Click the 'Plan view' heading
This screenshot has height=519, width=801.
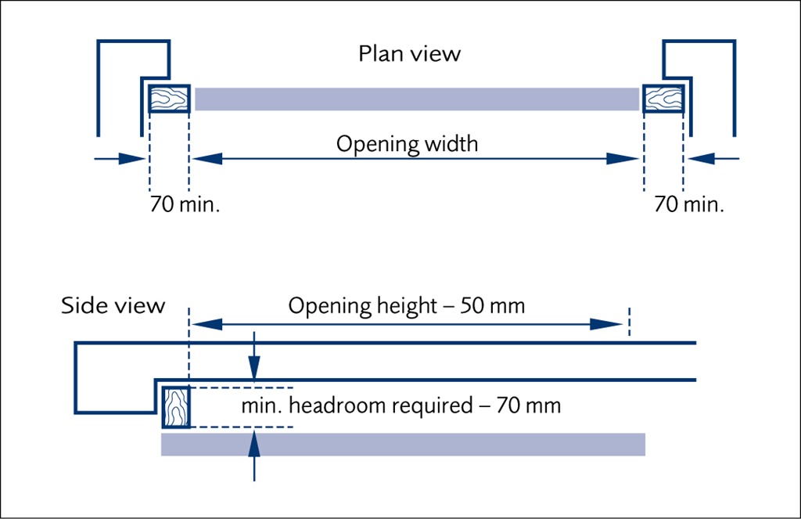(x=409, y=54)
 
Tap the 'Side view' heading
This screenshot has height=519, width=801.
(x=113, y=305)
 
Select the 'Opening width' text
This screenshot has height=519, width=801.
(x=407, y=145)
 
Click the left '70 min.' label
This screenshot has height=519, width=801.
(x=185, y=205)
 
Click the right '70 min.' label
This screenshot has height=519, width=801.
(x=689, y=205)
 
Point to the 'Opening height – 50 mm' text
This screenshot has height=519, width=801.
(x=406, y=305)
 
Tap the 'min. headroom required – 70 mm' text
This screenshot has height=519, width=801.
(x=400, y=407)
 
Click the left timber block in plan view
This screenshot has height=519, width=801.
(x=169, y=99)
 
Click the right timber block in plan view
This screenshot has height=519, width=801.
(x=663, y=99)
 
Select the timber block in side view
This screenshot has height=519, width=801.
(x=175, y=407)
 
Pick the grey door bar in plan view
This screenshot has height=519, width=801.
(x=416, y=99)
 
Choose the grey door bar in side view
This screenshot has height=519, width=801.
(x=403, y=444)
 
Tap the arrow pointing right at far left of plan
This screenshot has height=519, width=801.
(x=133, y=159)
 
